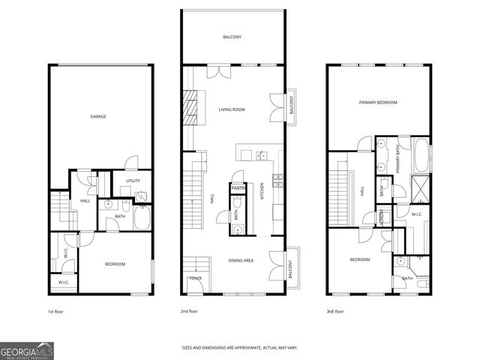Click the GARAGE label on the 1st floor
point(98,117)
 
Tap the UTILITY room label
point(133,181)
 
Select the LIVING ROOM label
point(232,109)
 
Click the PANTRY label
point(238,188)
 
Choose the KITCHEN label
point(262,193)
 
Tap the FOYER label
point(195,279)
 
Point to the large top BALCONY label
point(232,37)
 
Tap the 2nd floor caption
point(188,310)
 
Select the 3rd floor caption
point(334,310)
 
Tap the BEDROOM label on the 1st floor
point(115,264)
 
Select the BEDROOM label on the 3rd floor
point(360,259)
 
